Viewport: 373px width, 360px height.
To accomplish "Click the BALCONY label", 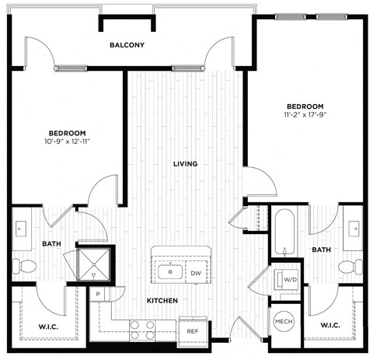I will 127,45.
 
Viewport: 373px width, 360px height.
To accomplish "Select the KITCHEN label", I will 162,300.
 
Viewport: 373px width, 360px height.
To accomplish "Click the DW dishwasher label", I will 197,273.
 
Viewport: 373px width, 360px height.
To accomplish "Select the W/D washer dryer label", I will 289,279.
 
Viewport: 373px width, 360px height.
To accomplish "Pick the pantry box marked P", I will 99,295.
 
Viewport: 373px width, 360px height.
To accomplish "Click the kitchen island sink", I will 169,272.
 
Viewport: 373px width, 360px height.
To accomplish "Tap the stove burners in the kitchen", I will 140,330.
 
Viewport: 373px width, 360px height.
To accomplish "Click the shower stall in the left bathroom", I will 94,267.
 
